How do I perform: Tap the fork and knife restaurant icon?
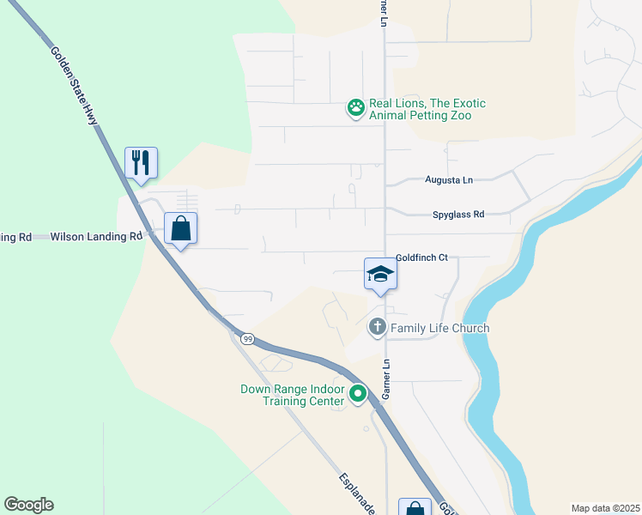click(x=142, y=161)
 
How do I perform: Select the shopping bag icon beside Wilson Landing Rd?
click(x=180, y=228)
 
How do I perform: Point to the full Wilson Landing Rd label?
click(x=96, y=236)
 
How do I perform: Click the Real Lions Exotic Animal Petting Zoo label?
click(x=427, y=109)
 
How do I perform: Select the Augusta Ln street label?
click(x=449, y=180)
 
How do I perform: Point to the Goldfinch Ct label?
click(x=422, y=257)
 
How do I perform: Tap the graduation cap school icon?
click(x=379, y=275)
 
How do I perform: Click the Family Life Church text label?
click(x=439, y=328)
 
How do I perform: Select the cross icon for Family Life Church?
click(x=377, y=327)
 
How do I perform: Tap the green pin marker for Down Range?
click(x=358, y=395)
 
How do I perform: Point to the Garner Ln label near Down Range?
click(x=387, y=379)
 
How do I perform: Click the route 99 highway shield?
click(x=247, y=339)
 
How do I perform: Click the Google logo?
click(x=29, y=505)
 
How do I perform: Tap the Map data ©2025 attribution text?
click(x=605, y=508)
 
